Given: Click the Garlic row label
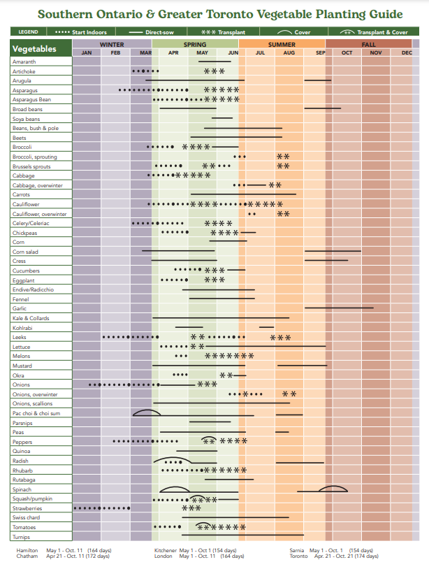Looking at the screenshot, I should (20, 308).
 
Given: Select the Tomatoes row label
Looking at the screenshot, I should (24, 527).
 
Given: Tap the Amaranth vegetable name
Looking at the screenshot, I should (24, 62).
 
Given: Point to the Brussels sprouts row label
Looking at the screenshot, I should (31, 167).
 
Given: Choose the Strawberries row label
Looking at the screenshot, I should (27, 508).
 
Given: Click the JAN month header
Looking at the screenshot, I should (87, 53).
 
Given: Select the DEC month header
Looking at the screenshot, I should (407, 53).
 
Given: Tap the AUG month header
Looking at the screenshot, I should (289, 53).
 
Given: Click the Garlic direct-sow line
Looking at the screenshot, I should (339, 308).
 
